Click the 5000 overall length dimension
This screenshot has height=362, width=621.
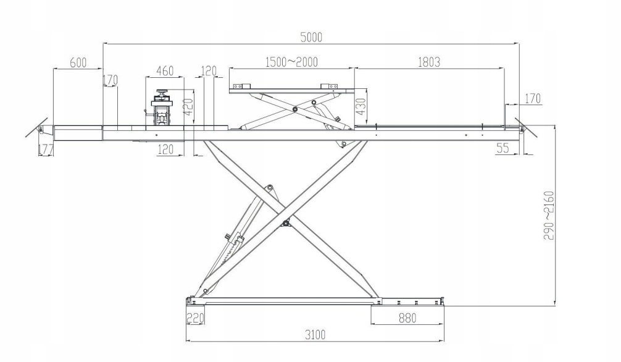pyautogui.click(x=311, y=36)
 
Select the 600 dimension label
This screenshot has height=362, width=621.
pyautogui.click(x=78, y=62)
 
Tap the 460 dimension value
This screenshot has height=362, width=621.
pyautogui.click(x=165, y=70)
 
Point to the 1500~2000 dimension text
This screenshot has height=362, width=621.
pyautogui.click(x=291, y=62)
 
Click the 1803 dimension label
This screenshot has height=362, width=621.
pyautogui.click(x=428, y=62)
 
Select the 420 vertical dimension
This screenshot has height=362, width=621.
pyautogui.click(x=189, y=105)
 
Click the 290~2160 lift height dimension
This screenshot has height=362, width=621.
pyautogui.click(x=548, y=215)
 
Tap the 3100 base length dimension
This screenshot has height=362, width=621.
pyautogui.click(x=315, y=335)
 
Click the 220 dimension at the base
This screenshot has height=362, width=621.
pyautogui.click(x=195, y=318)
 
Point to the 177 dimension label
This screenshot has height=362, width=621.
pyautogui.click(x=45, y=149)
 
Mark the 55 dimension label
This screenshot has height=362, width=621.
pyautogui.click(x=502, y=149)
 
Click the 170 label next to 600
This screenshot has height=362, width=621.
pyautogui.click(x=110, y=81)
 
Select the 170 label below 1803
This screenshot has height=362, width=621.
pyautogui.click(x=532, y=98)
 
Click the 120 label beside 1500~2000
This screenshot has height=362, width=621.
pyautogui.click(x=209, y=70)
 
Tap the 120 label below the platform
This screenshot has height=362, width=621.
pyautogui.click(x=165, y=149)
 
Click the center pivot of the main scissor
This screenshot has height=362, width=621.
pyautogui.click(x=285, y=222)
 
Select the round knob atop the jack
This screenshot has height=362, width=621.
pyautogui.click(x=162, y=93)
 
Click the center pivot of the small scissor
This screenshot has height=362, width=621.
pyautogui.click(x=295, y=110)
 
